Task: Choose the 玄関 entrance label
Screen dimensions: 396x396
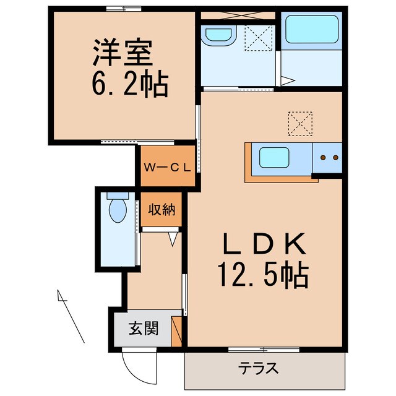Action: pyautogui.click(x=143, y=328)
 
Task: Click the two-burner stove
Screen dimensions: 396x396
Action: pyautogui.click(x=328, y=158)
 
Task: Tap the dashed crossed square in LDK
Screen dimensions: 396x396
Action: pyautogui.click(x=301, y=123)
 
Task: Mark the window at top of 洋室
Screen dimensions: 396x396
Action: pyautogui.click(x=123, y=8)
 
